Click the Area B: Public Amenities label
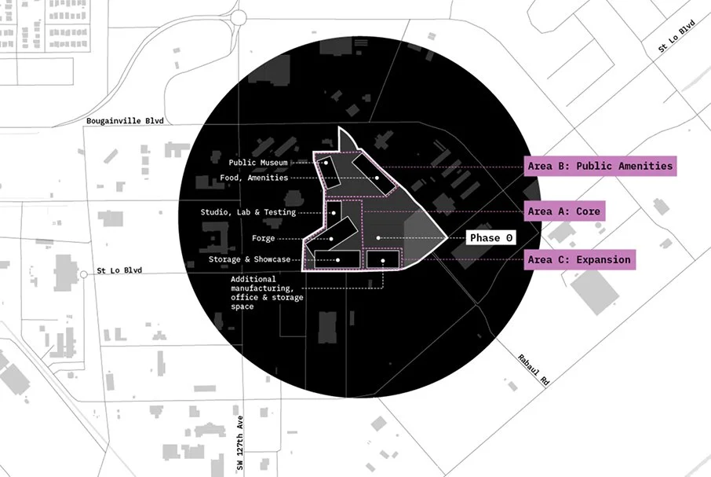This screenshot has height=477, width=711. coord(600,166)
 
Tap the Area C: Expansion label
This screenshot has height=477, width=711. coord(578,259)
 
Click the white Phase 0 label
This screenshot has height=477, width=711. coord(491,237)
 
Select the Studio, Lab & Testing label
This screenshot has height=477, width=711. coord(248,212)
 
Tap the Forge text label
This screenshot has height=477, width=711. coord(263,238)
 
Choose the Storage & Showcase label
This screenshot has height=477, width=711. coord(250,259)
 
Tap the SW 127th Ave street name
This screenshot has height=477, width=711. coord(241,444)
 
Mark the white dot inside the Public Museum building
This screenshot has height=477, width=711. coord(327,163)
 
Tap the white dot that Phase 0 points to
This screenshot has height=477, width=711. coord(378,237)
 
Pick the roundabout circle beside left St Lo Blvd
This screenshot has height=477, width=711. coord(83,274)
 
